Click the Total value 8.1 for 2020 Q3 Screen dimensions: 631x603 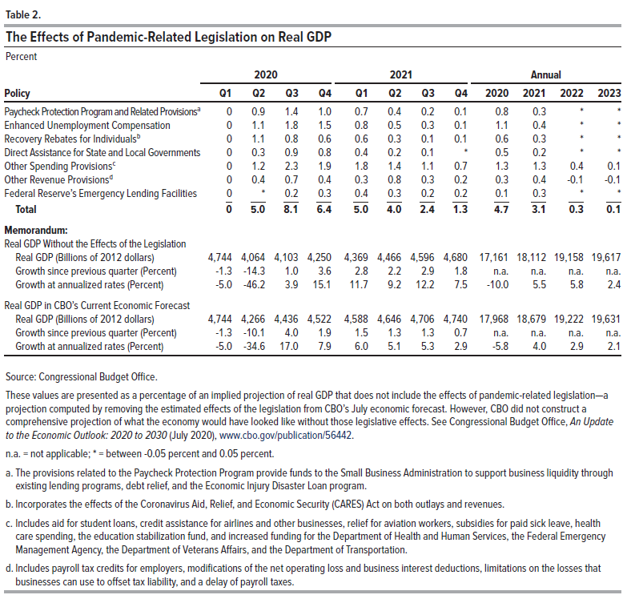(x=291, y=209)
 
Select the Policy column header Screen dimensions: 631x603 (x=17, y=93)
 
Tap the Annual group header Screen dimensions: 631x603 (x=545, y=74)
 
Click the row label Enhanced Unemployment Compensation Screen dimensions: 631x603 (x=87, y=126)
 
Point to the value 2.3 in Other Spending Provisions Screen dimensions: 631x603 (x=291, y=167)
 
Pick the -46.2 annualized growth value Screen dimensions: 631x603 (x=254, y=285)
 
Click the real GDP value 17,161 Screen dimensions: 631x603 (x=494, y=258)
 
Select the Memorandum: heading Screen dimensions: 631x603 (x=36, y=231)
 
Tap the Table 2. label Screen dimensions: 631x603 (x=23, y=15)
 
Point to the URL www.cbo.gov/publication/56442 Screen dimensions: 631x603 (x=286, y=436)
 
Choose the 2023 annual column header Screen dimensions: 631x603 (x=609, y=93)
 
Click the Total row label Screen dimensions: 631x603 (x=26, y=209)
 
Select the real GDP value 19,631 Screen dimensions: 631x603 (x=606, y=320)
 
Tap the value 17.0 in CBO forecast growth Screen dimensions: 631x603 (x=289, y=347)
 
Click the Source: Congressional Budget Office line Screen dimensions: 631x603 (x=82, y=376)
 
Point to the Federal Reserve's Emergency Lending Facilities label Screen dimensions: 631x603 (x=101, y=194)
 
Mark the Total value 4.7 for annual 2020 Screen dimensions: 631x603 (x=501, y=209)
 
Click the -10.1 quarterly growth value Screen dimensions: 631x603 (x=254, y=333)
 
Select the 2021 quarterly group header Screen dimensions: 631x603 (x=401, y=74)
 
